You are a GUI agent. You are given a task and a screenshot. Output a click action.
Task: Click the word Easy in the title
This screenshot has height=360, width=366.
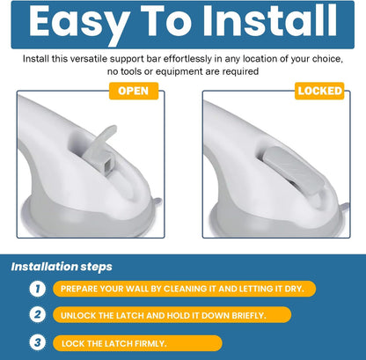[79, 23]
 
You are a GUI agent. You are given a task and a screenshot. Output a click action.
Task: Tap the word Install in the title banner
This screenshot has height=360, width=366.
[270, 20]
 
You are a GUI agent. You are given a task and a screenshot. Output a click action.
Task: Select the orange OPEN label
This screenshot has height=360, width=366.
[134, 91]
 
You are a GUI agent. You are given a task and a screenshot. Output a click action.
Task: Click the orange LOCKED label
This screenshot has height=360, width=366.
[319, 91]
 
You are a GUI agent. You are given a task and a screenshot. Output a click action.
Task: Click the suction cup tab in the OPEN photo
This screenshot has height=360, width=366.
[157, 202]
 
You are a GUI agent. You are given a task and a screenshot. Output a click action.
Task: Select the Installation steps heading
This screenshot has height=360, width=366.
[62, 267]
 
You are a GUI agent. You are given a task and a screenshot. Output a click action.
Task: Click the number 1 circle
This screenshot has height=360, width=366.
[38, 289]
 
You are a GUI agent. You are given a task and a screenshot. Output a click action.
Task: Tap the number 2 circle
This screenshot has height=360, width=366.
[38, 315]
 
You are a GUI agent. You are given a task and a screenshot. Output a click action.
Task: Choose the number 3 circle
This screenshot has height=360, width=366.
[38, 342]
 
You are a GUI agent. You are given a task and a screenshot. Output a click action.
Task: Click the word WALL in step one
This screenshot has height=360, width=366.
[136, 289]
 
